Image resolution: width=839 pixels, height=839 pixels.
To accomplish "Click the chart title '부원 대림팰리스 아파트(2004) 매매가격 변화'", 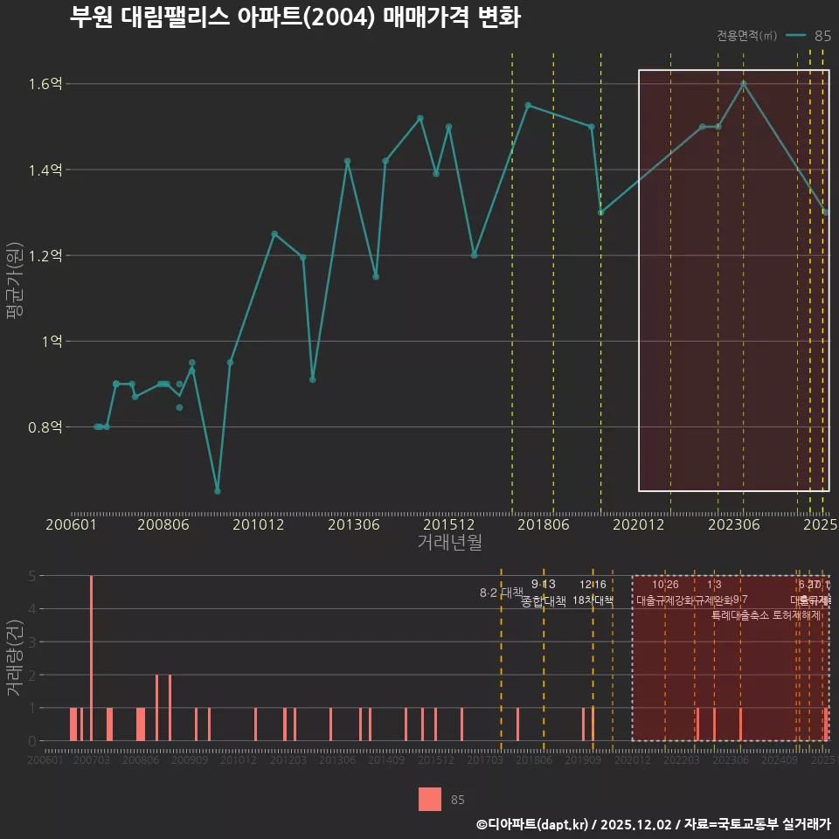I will (295, 18).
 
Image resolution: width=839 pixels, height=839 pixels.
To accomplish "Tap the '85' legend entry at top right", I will (822, 36).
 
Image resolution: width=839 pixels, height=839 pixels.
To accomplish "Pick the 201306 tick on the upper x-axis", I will (353, 524).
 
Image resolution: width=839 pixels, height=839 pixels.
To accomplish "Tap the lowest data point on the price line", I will (218, 491).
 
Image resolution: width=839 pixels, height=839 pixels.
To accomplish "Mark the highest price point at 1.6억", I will (744, 84).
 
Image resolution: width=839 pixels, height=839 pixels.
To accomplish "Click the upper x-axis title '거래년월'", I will (448, 542).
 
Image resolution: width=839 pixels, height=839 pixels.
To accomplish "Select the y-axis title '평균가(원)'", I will (15, 299).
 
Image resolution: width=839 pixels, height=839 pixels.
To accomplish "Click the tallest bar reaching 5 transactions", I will (91, 657).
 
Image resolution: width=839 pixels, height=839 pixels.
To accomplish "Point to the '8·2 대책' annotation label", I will (501, 593).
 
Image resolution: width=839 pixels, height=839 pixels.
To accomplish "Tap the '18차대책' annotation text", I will (593, 600).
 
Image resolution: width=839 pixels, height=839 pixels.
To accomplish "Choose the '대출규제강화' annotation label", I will (664, 600).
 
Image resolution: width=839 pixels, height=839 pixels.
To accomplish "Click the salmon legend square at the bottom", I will (430, 799).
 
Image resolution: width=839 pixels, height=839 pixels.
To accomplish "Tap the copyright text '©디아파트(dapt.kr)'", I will (533, 824).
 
